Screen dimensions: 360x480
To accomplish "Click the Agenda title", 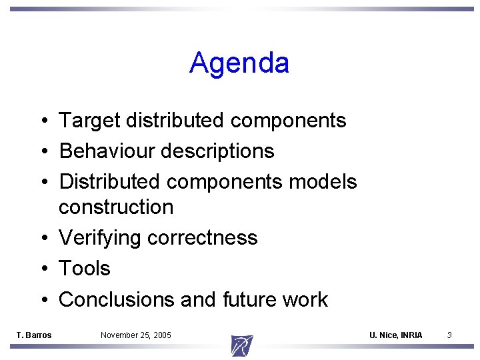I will (x=239, y=63).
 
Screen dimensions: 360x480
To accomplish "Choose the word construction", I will (x=116, y=207).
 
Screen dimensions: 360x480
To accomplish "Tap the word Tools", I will (x=85, y=269).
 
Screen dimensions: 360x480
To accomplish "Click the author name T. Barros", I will (x=34, y=335).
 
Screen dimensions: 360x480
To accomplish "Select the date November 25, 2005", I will (x=136, y=335).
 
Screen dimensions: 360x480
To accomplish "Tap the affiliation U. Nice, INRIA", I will (x=396, y=335).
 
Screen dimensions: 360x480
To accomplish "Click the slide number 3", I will (x=449, y=335).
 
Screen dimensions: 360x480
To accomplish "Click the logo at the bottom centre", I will (x=241, y=345).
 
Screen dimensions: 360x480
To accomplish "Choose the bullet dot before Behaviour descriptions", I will (x=42, y=152).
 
